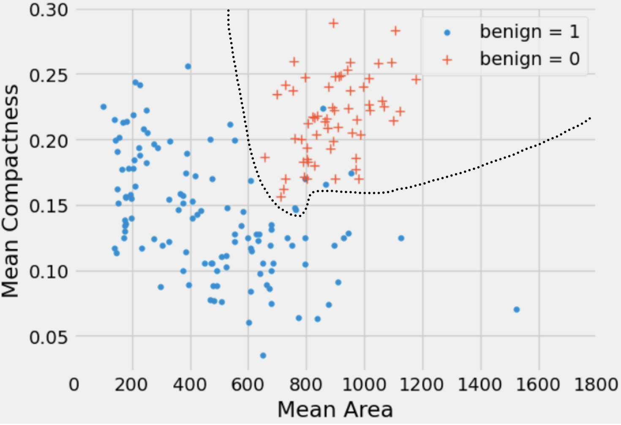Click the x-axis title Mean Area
coord(335,409)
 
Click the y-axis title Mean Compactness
coord(10,191)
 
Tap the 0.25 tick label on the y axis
coord(49,75)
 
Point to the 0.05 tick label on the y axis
coord(49,337)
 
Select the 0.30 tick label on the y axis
coord(49,9)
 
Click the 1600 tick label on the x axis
coord(539,384)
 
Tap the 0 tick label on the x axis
coord(74,384)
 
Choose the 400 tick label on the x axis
coord(190,384)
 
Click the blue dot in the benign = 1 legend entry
coord(447,33)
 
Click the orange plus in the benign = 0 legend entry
coord(447,60)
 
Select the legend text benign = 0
coord(530,59)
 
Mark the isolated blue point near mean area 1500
coord(516,310)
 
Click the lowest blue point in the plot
coord(263,356)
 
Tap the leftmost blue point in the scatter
coord(103,107)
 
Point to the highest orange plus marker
coord(334,23)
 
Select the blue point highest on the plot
coord(188,66)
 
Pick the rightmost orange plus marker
coord(416,79)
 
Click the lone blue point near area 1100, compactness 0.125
coord(401,238)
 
